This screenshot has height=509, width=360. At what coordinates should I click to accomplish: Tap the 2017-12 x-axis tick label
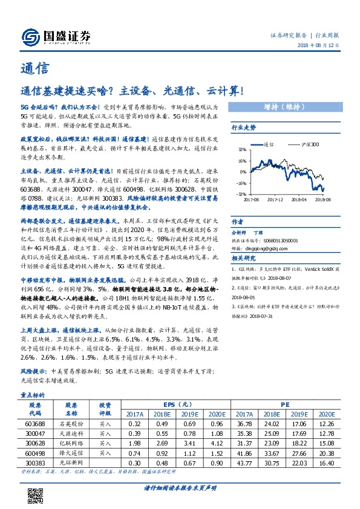(275, 198)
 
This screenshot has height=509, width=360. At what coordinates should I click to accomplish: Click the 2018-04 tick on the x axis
(299, 198)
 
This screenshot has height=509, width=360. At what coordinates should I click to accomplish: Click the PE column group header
(285, 404)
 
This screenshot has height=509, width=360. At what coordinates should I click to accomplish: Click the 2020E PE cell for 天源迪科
(326, 433)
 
